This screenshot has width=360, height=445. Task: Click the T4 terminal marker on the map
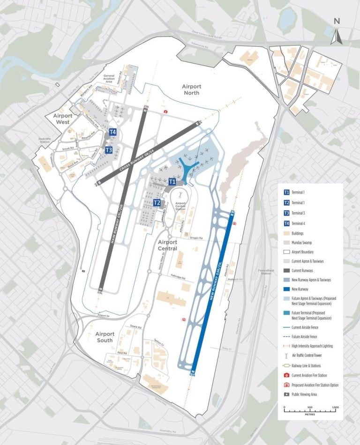(x=112, y=132)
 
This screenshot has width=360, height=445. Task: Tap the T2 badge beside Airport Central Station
(x=157, y=203)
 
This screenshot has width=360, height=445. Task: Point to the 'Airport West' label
(x=63, y=119)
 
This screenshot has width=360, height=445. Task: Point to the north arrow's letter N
(x=336, y=21)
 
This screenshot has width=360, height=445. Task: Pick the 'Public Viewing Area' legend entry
(x=308, y=394)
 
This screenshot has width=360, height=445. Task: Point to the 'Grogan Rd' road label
(x=196, y=238)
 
